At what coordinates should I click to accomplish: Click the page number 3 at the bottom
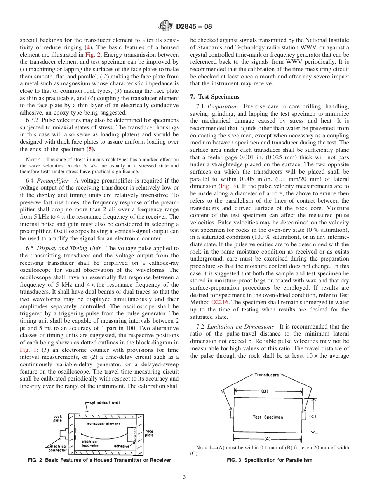click(x=184, y=477)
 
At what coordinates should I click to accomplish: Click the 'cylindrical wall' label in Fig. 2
click(x=105, y=403)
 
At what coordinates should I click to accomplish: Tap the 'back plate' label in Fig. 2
click(x=57, y=419)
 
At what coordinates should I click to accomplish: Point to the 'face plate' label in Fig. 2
click(x=149, y=433)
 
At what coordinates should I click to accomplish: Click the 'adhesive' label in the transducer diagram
click(x=122, y=446)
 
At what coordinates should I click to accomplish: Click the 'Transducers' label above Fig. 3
click(x=266, y=375)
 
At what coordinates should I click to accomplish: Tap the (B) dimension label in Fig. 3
click(x=265, y=391)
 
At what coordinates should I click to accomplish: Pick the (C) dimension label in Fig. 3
click(x=313, y=417)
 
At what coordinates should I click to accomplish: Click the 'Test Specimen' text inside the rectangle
click(x=268, y=417)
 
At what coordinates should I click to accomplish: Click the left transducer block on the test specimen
click(x=232, y=415)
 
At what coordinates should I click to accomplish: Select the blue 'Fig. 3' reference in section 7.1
click(x=228, y=186)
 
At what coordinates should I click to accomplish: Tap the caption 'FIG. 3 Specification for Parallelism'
click(x=269, y=460)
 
